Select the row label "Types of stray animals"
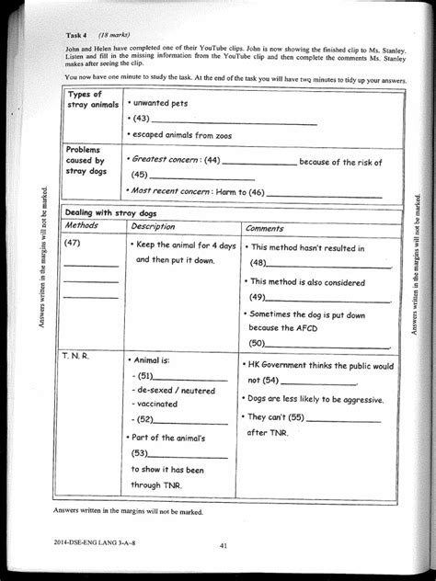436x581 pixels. coord(88,101)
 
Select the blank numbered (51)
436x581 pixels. coord(193,377)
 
